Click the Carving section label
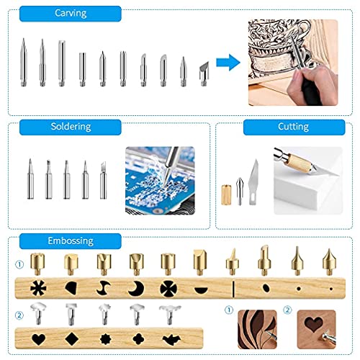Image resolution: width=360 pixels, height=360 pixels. pos(70,14)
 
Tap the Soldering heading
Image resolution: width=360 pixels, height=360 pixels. pos(70,127)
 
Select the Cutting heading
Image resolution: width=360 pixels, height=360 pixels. pos(293,127)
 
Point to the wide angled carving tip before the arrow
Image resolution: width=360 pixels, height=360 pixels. pos(203,71)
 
